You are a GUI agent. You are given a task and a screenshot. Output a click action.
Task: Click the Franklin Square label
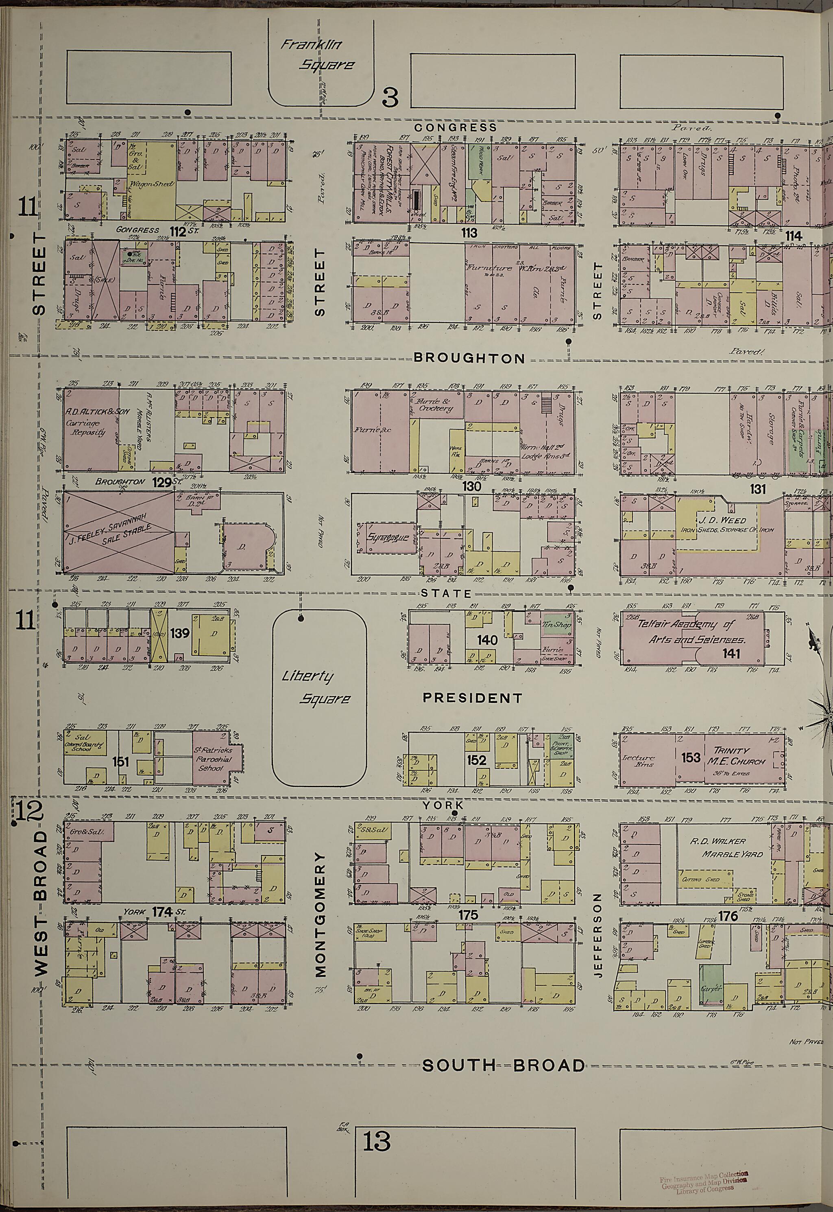click(317, 55)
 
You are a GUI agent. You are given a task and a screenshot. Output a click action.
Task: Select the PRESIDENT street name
click(472, 698)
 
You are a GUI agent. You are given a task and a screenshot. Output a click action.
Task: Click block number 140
click(486, 640)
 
